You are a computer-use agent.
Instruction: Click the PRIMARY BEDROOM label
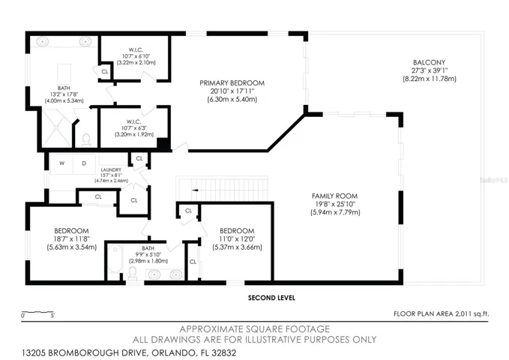(x=232, y=83)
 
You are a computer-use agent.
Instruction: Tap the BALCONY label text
(x=429, y=62)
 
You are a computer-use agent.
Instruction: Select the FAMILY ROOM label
(x=334, y=196)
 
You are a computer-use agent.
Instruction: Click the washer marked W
(x=61, y=163)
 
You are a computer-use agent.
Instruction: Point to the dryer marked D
(x=84, y=163)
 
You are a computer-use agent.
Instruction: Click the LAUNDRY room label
(x=111, y=170)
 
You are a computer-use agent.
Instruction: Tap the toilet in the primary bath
(x=86, y=139)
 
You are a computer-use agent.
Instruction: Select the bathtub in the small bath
(x=115, y=259)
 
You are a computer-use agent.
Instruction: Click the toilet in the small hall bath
(x=133, y=273)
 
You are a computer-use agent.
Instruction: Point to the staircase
(x=223, y=189)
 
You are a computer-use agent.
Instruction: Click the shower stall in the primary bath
(x=57, y=128)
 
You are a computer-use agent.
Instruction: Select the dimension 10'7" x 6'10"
(x=136, y=56)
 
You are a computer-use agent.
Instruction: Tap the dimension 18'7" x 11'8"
(x=72, y=239)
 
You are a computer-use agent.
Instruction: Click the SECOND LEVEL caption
(x=271, y=298)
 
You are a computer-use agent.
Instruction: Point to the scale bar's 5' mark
(x=52, y=315)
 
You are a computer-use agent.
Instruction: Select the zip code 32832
(x=223, y=352)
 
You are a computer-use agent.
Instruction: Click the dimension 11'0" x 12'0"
(x=237, y=239)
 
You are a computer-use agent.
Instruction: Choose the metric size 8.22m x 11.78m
(x=429, y=79)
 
